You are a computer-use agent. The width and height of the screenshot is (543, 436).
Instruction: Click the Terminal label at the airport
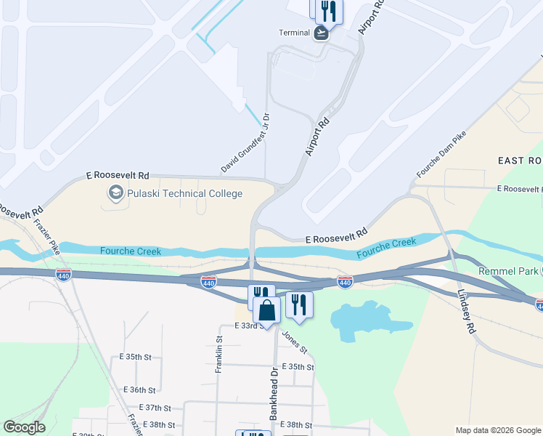(295, 33)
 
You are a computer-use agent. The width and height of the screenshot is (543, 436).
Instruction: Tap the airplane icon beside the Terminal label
(321, 33)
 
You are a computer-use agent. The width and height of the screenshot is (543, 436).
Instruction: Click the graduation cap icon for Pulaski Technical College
(115, 193)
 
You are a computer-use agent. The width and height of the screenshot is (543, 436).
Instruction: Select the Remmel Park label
(508, 271)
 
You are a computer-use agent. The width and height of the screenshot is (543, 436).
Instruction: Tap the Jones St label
(294, 342)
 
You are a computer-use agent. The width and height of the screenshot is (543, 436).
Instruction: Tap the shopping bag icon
(266, 310)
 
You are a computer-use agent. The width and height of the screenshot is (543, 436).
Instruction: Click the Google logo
(24, 427)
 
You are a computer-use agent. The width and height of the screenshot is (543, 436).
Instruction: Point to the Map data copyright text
(498, 430)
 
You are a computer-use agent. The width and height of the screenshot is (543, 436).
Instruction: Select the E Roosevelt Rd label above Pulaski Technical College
(118, 175)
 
